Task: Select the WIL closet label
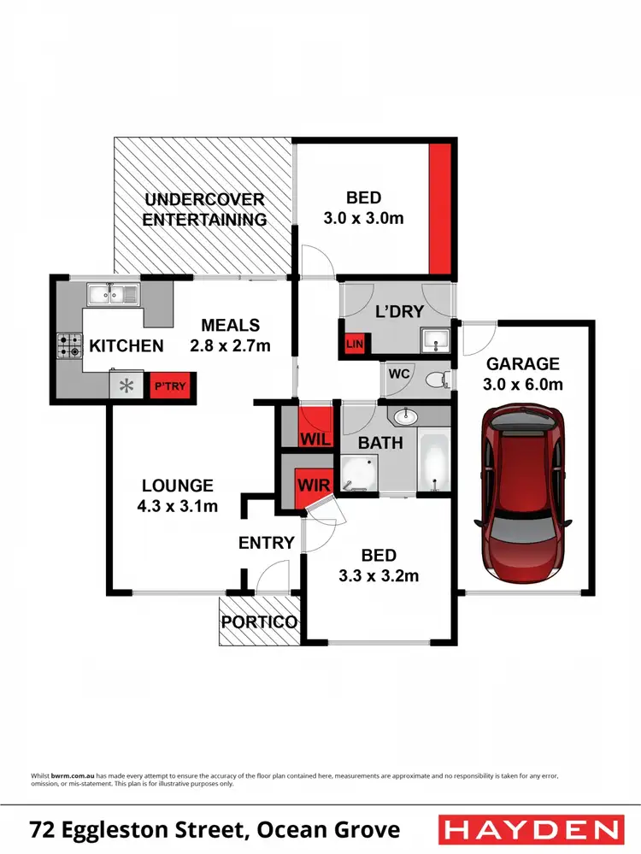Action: point(313,439)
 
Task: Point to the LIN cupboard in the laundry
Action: point(354,344)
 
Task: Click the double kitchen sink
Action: point(113,294)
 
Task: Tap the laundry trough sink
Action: point(436,340)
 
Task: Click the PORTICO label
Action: point(259,622)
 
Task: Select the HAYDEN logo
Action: point(530,828)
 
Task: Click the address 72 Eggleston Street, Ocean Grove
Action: point(215,829)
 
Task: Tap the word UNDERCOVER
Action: point(204,200)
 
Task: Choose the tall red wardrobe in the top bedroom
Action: point(439,208)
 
